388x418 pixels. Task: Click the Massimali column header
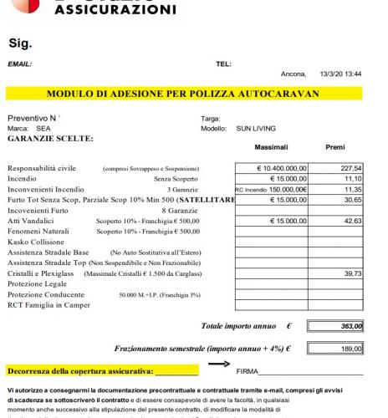[271, 146]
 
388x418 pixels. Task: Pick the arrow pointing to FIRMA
[219, 364]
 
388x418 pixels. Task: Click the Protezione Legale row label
[39, 284]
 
